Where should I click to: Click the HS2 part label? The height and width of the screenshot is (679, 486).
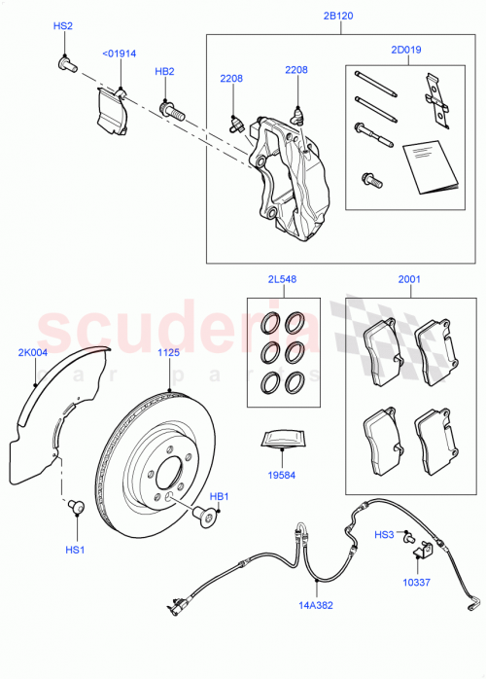click(62, 29)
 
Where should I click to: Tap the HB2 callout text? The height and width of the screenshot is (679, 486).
click(164, 72)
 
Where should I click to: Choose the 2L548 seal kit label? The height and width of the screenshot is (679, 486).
click(283, 279)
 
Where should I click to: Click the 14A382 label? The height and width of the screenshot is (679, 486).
click(316, 604)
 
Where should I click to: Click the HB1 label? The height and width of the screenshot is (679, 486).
click(219, 497)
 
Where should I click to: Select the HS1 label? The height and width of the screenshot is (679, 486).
click(75, 551)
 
